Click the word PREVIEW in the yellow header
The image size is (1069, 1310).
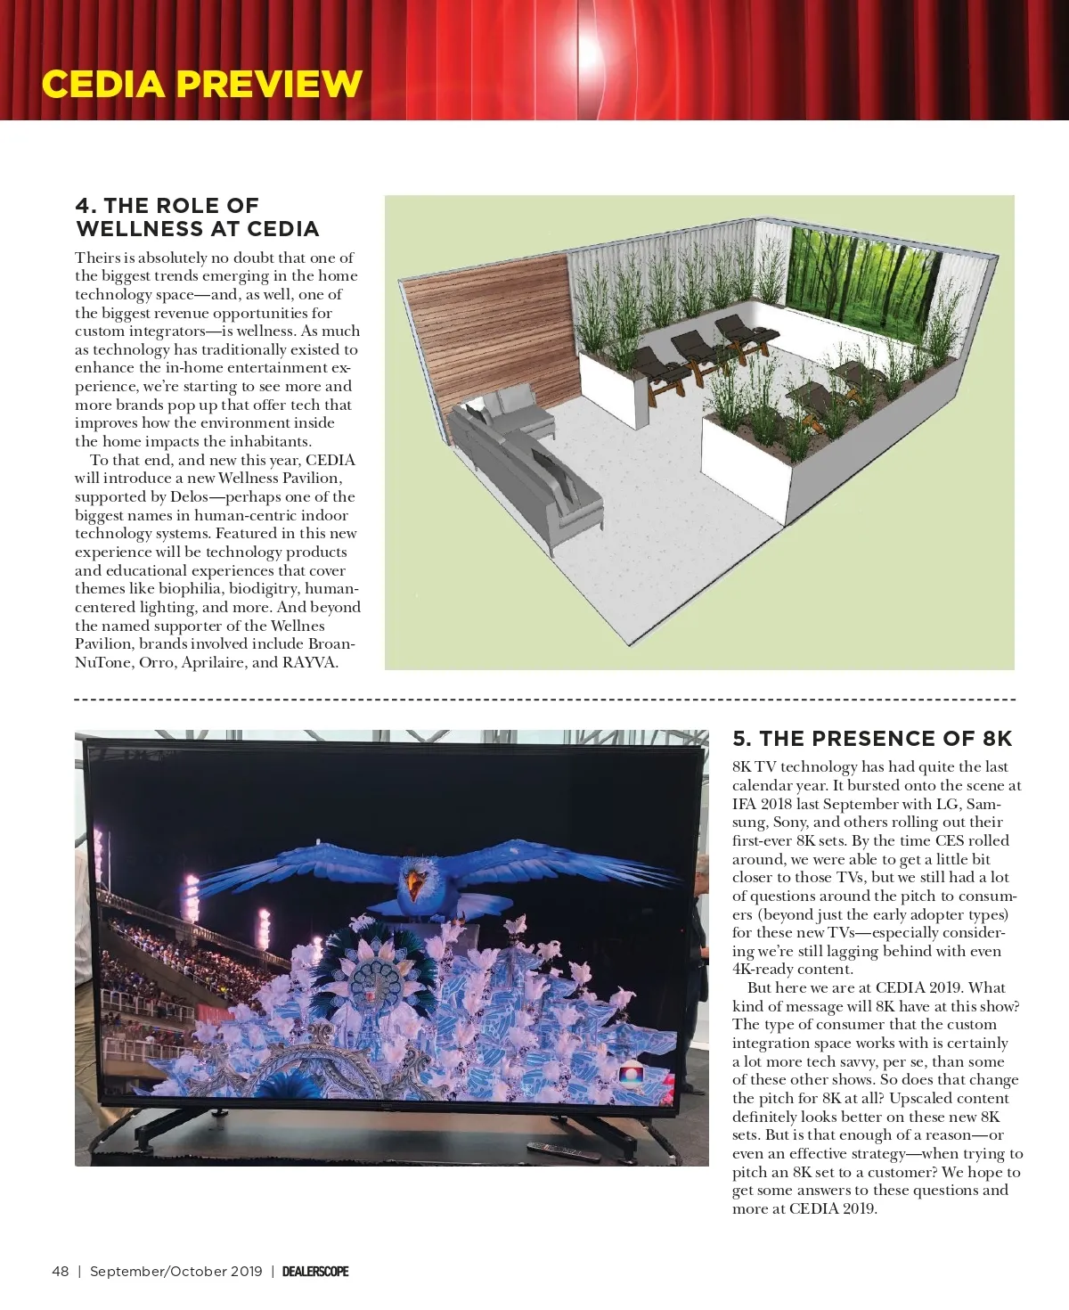click(268, 85)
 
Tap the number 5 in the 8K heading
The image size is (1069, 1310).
click(741, 739)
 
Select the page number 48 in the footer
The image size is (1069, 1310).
click(61, 1272)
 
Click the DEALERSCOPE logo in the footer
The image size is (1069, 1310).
click(315, 1272)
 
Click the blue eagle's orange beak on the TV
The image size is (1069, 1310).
click(413, 884)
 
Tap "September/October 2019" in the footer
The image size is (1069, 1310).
click(176, 1272)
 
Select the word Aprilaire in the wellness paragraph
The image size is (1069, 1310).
click(214, 662)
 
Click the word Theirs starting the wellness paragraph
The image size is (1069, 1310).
click(96, 258)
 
